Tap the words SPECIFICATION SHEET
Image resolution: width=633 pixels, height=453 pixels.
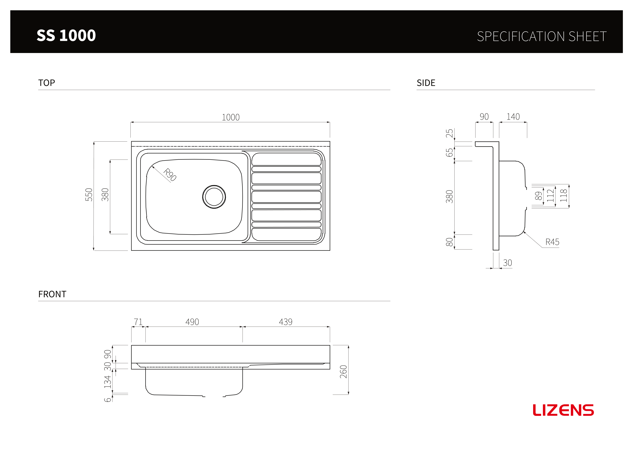541,36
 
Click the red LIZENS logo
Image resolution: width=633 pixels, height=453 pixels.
563,410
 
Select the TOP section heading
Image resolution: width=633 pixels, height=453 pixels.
47,83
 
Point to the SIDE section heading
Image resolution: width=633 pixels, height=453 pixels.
426,83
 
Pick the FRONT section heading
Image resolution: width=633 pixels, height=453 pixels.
52,294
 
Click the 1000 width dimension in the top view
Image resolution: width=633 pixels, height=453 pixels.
230,117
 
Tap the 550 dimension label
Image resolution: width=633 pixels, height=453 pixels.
89,195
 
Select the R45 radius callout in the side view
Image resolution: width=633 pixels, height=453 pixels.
552,242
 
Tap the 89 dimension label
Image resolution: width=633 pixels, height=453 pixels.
538,196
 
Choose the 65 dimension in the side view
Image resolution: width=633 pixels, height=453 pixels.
449,153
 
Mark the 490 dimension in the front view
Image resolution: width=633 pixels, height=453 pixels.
192,322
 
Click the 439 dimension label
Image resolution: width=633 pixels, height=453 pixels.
286,322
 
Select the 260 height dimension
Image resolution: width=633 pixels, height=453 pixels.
343,372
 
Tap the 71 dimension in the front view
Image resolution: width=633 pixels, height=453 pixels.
138,322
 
